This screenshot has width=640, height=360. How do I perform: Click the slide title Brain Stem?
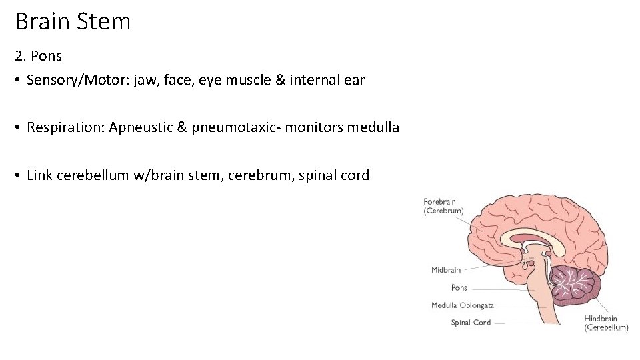point(73,22)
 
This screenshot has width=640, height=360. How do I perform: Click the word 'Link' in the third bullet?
point(39,175)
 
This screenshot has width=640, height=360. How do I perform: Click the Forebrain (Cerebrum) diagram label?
point(443,206)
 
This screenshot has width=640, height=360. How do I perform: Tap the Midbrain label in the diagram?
point(446,270)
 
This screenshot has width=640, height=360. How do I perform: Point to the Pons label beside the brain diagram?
point(459,288)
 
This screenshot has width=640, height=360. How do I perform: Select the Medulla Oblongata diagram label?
point(462,305)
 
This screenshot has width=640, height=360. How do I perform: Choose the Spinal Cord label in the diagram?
point(471,323)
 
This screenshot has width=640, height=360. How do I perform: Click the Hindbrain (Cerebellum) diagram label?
point(606,323)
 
